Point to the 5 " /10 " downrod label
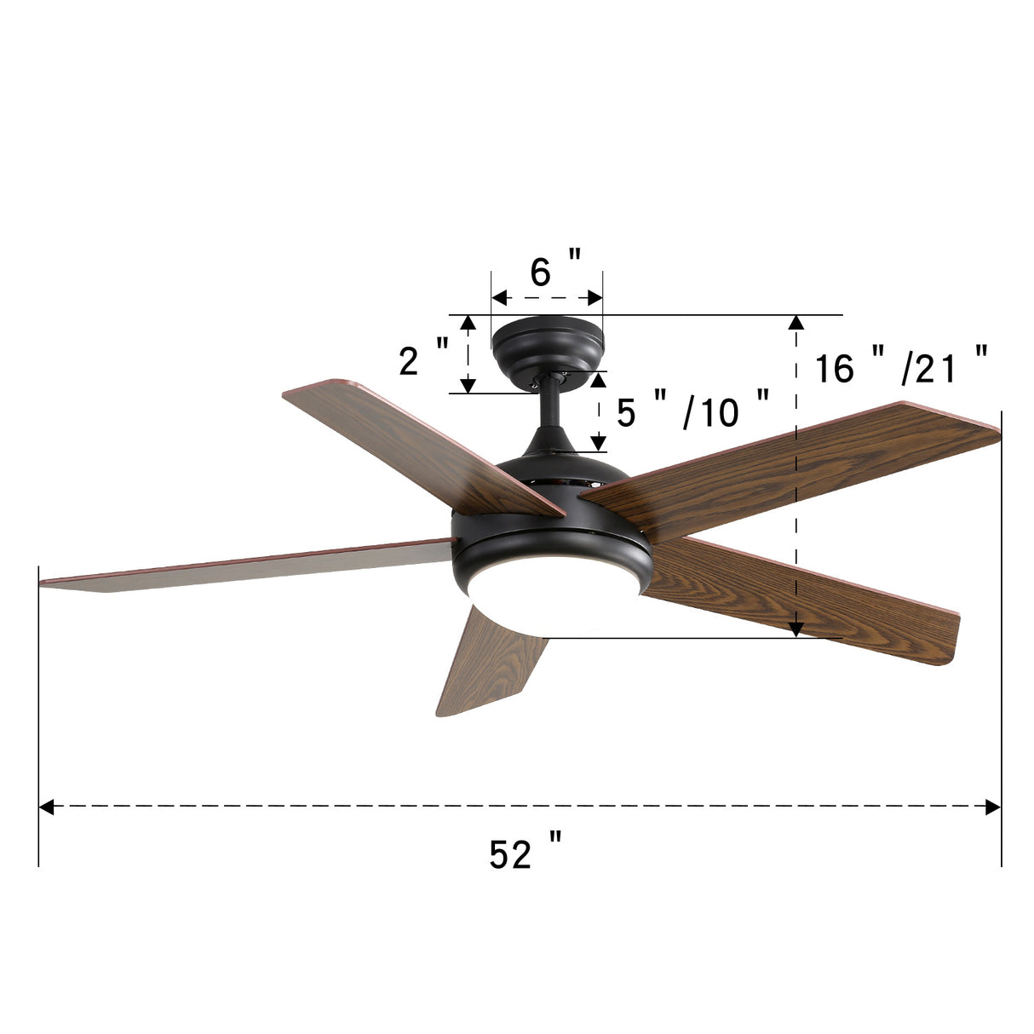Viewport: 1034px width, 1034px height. coord(692,412)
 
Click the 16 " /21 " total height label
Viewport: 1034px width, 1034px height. coord(901,368)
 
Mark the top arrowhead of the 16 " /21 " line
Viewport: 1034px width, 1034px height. coord(796,322)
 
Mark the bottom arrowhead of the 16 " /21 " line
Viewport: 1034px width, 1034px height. coord(796,629)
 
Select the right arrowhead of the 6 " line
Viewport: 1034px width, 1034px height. coord(595,298)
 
